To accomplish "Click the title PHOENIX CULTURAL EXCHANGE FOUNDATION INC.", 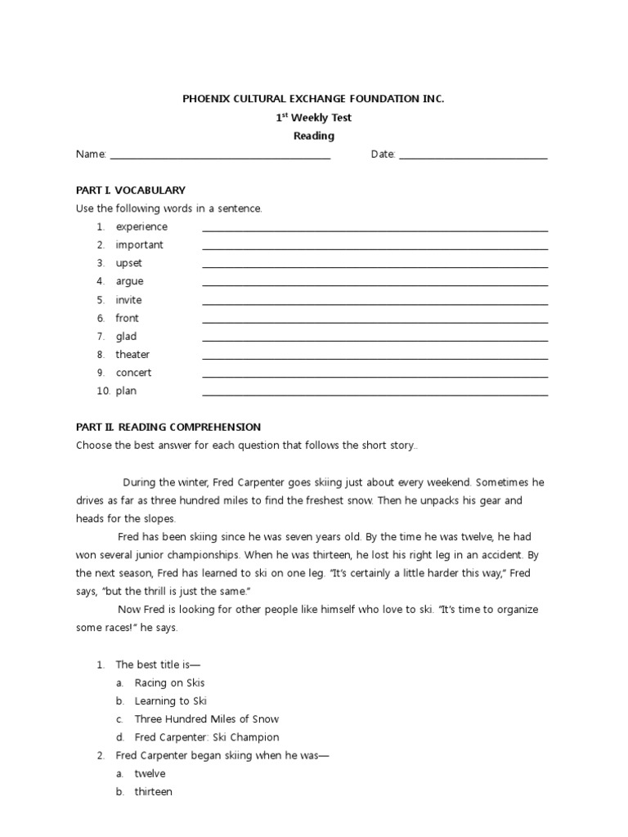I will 313,99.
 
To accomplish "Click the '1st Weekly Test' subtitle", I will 314,118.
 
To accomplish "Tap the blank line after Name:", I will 220,156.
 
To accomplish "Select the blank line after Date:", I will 473,156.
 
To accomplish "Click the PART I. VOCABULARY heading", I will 131,190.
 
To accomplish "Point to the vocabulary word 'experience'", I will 141,226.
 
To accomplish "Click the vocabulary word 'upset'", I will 128,263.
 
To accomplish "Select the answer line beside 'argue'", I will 375,284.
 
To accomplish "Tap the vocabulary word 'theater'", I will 132,355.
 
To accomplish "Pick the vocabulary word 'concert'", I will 133,373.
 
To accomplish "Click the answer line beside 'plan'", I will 375,393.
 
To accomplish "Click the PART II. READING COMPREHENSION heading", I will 168,427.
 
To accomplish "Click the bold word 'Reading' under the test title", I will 314,137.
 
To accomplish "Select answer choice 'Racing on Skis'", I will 169,683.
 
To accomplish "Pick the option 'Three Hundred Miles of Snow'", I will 206,719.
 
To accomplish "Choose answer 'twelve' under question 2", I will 150,773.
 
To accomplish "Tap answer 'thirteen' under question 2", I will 153,792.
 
